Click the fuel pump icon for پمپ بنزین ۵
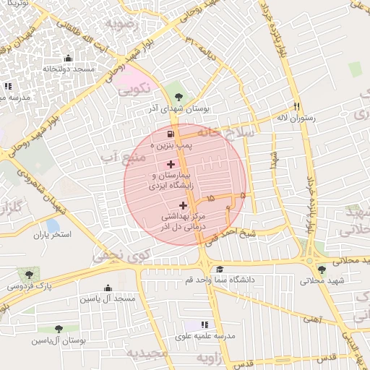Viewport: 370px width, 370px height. tap(170, 134)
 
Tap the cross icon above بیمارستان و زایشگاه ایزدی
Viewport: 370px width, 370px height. tap(171, 164)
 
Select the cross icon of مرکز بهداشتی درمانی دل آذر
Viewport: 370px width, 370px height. tap(183, 205)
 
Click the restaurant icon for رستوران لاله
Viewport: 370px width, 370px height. tap(296, 106)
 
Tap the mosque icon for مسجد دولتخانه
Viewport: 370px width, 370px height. tap(69, 59)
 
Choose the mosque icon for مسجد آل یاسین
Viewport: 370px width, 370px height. tap(108, 288)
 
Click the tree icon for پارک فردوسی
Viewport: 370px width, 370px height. tap(28, 275)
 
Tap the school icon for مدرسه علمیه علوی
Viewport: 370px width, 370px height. tap(205, 325)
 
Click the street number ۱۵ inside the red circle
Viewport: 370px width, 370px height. tap(210, 197)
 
